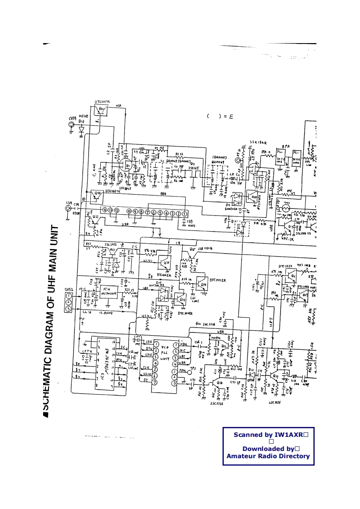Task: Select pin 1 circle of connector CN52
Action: point(69,295)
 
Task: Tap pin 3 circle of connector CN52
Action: point(69,309)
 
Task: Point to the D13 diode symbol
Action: point(81,129)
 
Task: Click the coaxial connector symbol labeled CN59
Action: point(71,124)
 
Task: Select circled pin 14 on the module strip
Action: point(105,211)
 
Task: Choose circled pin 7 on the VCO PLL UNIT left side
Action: point(155,382)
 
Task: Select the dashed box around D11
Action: point(242,228)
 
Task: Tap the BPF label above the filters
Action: point(286,147)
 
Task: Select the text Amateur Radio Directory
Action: point(268,456)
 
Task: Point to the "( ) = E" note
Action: point(220,117)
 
